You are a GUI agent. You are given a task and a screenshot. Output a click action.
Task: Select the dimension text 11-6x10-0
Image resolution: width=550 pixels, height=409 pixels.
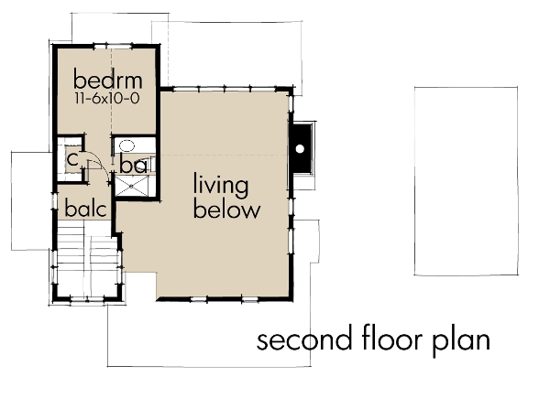104,96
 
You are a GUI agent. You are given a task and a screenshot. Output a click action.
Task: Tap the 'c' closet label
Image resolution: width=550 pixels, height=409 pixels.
71,159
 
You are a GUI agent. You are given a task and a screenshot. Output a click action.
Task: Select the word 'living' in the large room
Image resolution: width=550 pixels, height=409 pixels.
220,187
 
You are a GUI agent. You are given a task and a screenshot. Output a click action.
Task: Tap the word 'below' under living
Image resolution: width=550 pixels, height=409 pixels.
225,210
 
